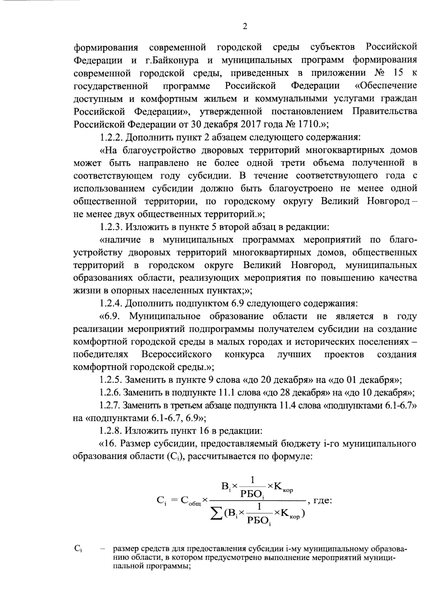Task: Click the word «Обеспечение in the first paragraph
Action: coord(386,86)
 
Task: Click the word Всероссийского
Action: coord(177,354)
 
